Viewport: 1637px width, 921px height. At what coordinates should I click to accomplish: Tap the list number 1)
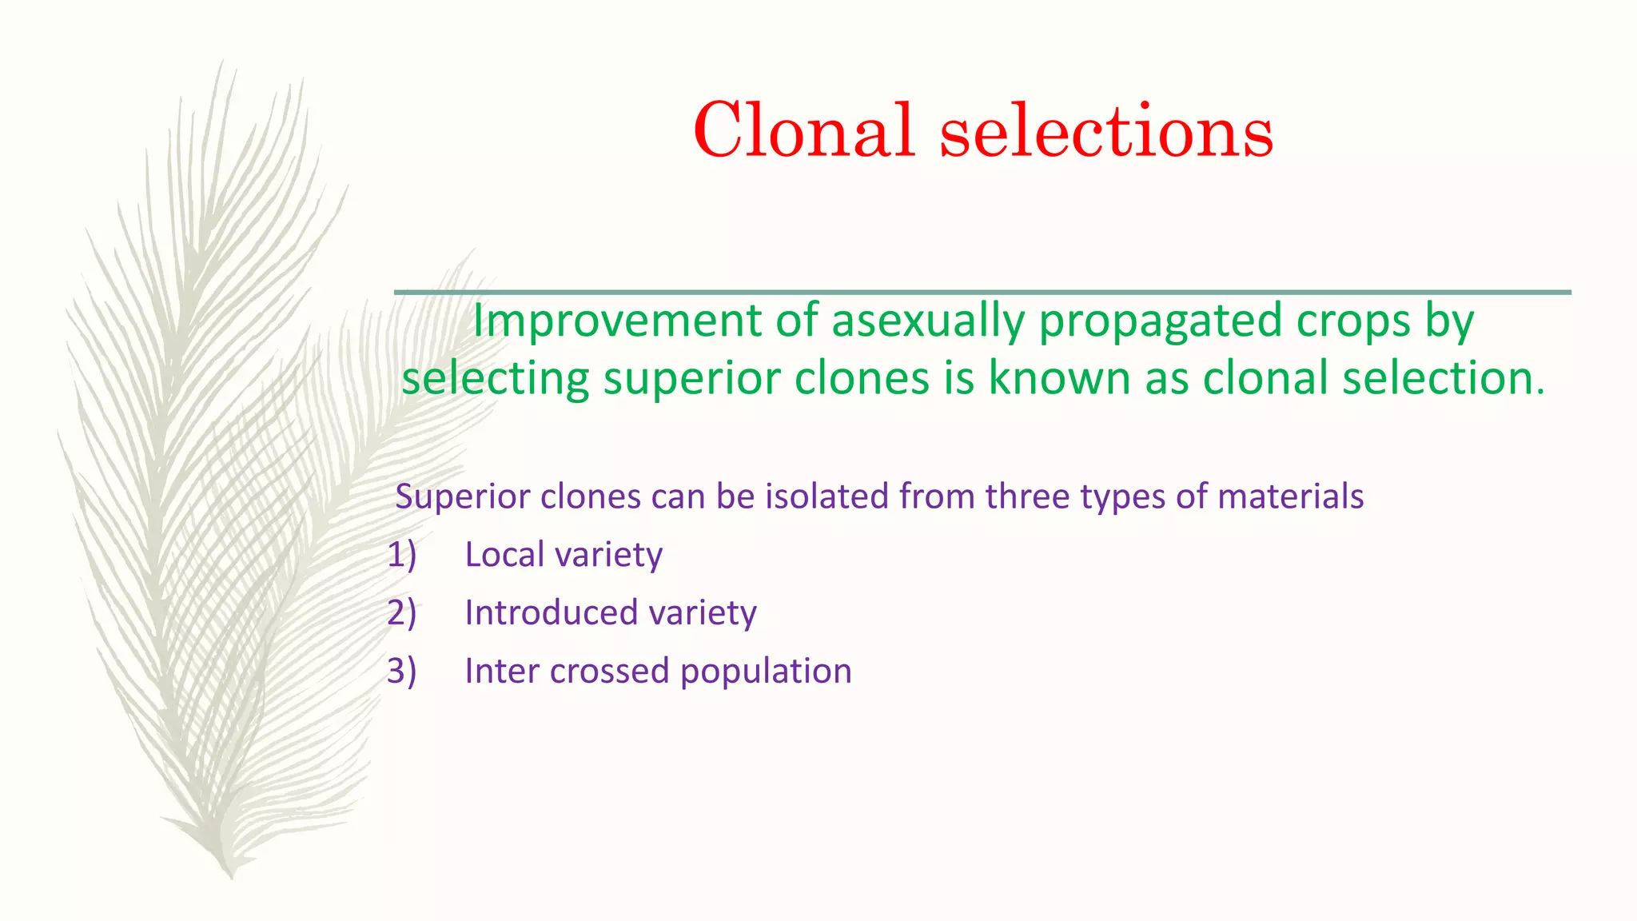[x=401, y=555]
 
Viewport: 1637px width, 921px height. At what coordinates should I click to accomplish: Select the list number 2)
[x=401, y=613]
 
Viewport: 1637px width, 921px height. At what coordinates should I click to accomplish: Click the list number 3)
[x=401, y=672]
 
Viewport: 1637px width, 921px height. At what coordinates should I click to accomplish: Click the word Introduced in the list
[x=550, y=613]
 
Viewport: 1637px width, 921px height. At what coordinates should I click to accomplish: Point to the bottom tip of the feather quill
[x=232, y=876]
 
